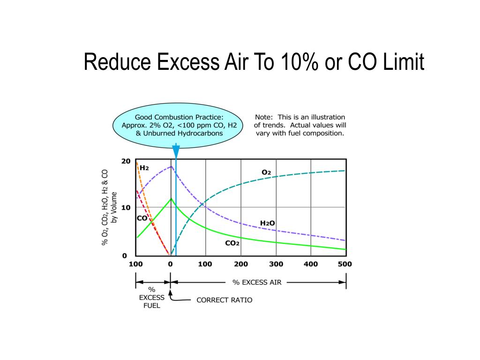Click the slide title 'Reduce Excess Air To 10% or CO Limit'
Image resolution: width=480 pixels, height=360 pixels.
pyautogui.click(x=254, y=62)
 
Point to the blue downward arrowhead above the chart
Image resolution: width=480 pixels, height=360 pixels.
pyautogui.click(x=176, y=151)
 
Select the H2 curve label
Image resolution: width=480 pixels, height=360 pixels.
pyautogui.click(x=144, y=168)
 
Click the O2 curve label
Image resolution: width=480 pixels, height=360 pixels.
pyautogui.click(x=266, y=172)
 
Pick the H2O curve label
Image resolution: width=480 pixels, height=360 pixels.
pyautogui.click(x=267, y=223)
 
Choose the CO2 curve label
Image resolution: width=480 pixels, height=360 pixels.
pyautogui.click(x=232, y=243)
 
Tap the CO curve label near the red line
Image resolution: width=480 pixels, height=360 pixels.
pyautogui.click(x=142, y=218)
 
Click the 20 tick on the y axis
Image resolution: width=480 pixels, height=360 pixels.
pyautogui.click(x=126, y=161)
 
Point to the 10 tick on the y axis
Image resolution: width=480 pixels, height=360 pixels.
pyautogui.click(x=126, y=208)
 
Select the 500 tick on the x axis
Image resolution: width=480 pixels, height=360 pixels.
pyautogui.click(x=345, y=264)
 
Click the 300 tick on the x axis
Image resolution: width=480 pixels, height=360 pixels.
pyautogui.click(x=276, y=264)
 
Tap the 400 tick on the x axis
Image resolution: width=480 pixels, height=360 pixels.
pyautogui.click(x=310, y=264)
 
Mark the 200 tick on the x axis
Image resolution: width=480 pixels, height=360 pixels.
pyautogui.click(x=241, y=264)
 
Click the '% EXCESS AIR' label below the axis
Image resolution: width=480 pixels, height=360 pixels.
pyautogui.click(x=257, y=282)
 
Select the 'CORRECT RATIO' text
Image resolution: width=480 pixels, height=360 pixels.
pyautogui.click(x=224, y=300)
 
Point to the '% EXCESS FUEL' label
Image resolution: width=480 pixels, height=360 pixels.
pyautogui.click(x=152, y=298)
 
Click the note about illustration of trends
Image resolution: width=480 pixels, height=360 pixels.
pyautogui.click(x=300, y=125)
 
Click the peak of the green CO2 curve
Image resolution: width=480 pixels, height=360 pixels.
pyautogui.click(x=172, y=198)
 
